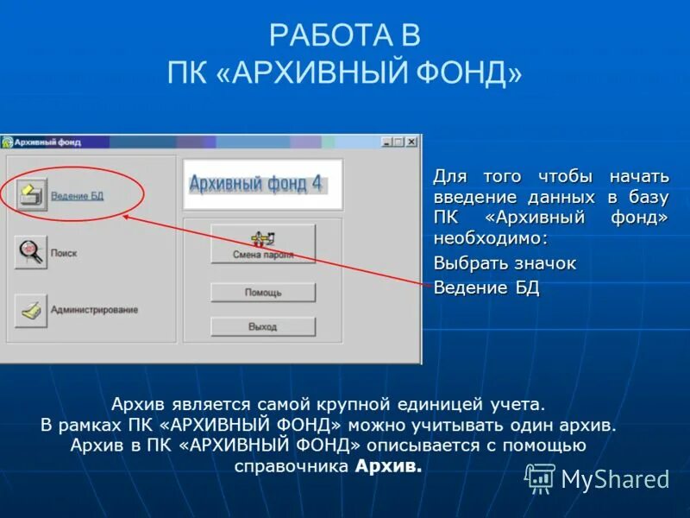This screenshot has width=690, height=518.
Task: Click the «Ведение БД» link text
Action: tap(77, 196)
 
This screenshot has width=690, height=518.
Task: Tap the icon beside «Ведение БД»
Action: tap(32, 194)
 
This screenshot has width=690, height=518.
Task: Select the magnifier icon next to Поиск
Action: tap(32, 252)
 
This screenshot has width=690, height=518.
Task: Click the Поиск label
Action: tap(64, 253)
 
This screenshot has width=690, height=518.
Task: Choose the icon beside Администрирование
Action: tap(32, 309)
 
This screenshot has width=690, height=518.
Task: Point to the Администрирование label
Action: tap(94, 309)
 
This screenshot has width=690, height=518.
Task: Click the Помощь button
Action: tap(263, 293)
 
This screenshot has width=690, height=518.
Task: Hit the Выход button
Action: tap(263, 327)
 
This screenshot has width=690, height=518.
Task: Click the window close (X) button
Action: tap(411, 142)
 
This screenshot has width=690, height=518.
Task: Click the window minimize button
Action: tap(386, 142)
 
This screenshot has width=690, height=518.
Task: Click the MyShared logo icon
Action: tap(540, 477)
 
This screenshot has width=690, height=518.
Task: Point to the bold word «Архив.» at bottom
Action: tap(389, 466)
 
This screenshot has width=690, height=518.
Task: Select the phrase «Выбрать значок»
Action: tap(505, 263)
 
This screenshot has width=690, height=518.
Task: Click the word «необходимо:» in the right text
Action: tap(491, 238)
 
